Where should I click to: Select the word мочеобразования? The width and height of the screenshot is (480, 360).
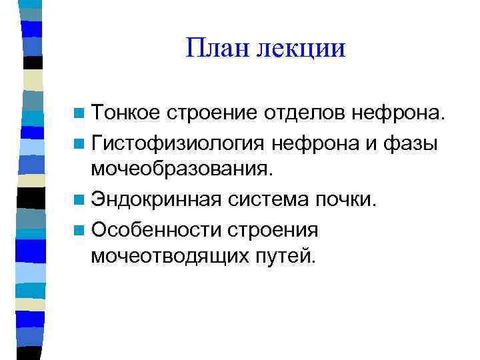pyautogui.click(x=183, y=169)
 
